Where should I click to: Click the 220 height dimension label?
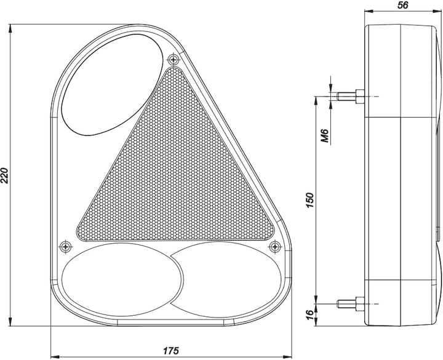click(x=6, y=175)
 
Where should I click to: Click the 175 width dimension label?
click(x=171, y=351)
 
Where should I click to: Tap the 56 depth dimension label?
click(x=403, y=5)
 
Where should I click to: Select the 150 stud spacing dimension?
click(x=310, y=200)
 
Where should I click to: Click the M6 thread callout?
click(x=325, y=135)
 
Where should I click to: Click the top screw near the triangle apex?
click(x=174, y=59)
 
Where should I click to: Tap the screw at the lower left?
click(x=66, y=247)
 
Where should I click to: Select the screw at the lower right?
click(x=275, y=247)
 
